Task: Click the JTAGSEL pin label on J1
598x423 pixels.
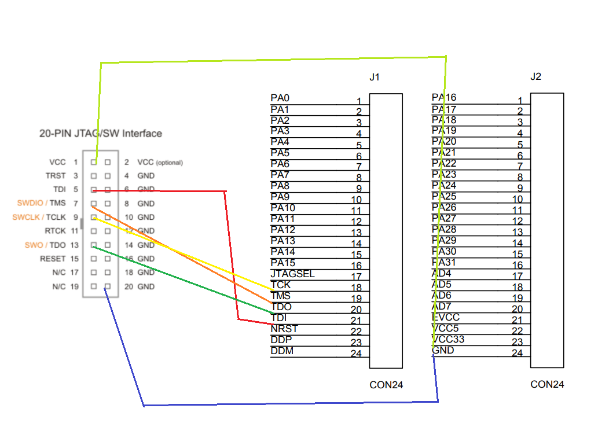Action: (x=292, y=274)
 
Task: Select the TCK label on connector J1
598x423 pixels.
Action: (x=280, y=285)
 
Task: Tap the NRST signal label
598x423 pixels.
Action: (x=284, y=329)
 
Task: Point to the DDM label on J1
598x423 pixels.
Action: (x=281, y=351)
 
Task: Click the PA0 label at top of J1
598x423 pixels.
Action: (x=280, y=98)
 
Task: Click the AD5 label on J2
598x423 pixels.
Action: (x=441, y=284)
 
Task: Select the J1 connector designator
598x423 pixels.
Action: (x=375, y=77)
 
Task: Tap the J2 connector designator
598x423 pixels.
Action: (x=535, y=76)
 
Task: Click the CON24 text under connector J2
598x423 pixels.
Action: (x=547, y=384)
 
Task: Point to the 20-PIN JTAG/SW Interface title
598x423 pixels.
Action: (x=101, y=134)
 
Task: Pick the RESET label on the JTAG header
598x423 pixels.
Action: (x=53, y=259)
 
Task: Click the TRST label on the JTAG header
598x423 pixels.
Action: (x=56, y=175)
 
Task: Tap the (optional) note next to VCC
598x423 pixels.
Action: (x=170, y=163)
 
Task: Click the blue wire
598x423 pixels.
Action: (x=289, y=403)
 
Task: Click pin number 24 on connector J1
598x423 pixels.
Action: (x=356, y=354)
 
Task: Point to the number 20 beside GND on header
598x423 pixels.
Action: (x=128, y=286)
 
